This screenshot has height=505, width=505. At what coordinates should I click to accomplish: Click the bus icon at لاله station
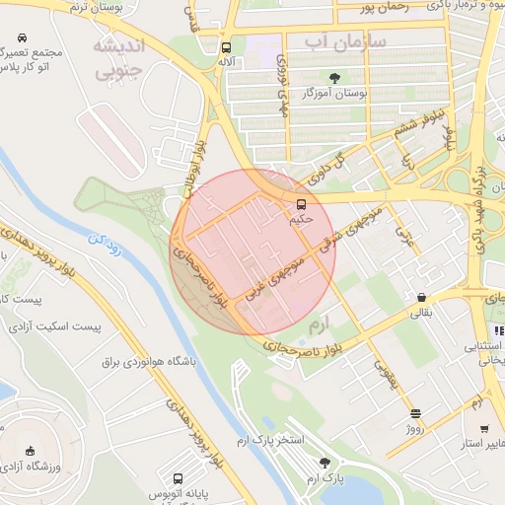[227, 47]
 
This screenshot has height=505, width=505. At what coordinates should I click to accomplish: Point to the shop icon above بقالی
[421, 297]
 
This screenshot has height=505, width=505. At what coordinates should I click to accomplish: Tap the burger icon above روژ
[415, 414]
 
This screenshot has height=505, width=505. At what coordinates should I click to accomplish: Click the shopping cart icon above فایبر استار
[484, 429]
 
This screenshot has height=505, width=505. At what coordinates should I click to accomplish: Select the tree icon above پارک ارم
[325, 462]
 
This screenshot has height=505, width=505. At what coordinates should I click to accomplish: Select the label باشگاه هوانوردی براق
[149, 362]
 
